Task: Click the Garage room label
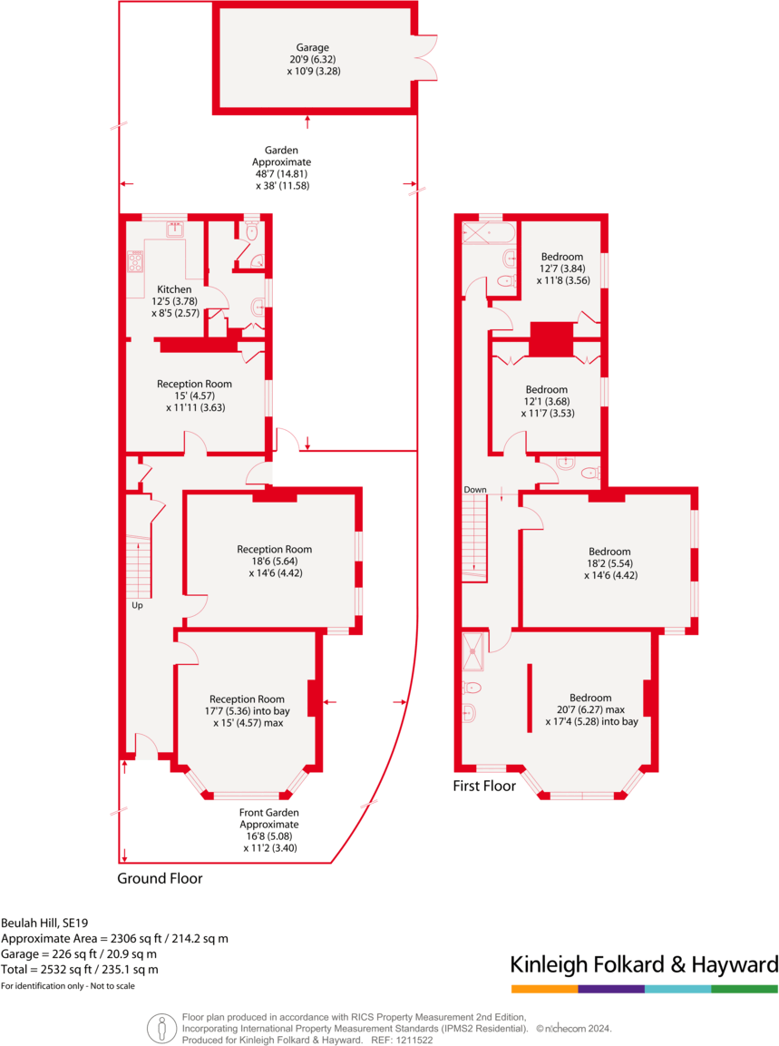click(312, 47)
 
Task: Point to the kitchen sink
click(176, 229)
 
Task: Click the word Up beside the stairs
click(138, 605)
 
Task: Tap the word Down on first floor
click(475, 490)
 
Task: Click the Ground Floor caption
click(160, 878)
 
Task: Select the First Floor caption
click(484, 786)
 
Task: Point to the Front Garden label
click(269, 813)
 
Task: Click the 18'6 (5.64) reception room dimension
click(275, 561)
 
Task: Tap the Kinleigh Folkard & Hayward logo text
click(644, 963)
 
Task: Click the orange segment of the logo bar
click(544, 988)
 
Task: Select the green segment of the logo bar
click(745, 988)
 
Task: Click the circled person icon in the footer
click(161, 1027)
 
